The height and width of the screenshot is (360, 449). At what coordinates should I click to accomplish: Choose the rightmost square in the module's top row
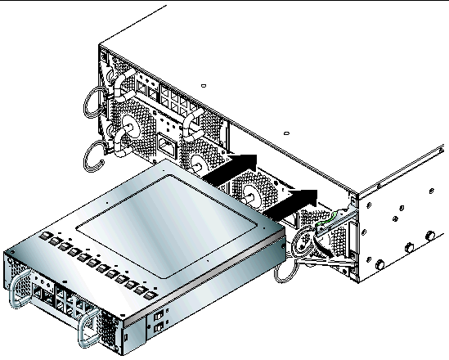(153, 291)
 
